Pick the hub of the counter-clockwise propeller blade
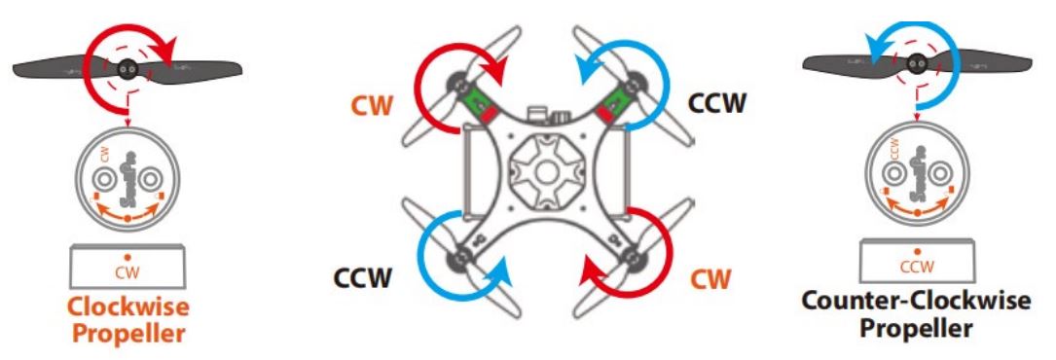click(x=914, y=65)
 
